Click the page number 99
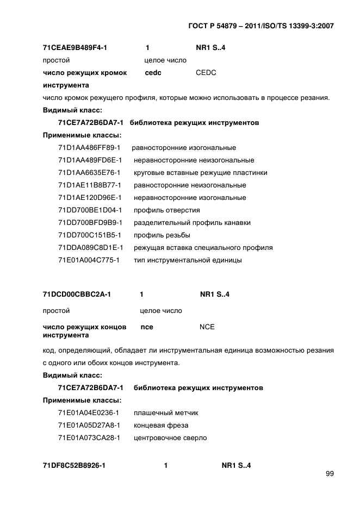(330, 473)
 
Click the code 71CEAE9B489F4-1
(75, 48)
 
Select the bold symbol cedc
(153, 73)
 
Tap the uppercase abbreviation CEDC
(206, 73)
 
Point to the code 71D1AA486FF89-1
(89, 148)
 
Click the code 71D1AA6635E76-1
(89, 173)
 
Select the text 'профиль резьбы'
(162, 235)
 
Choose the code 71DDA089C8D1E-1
(90, 248)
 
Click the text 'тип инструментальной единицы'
(188, 260)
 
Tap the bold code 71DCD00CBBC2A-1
(77, 294)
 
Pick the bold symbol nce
(147, 327)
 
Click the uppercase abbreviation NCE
(207, 327)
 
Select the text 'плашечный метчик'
(162, 412)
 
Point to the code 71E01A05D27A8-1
(89, 425)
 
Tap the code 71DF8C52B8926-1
(74, 466)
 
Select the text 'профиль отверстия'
(167, 210)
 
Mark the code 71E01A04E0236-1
(89, 412)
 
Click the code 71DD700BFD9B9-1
(90, 223)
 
